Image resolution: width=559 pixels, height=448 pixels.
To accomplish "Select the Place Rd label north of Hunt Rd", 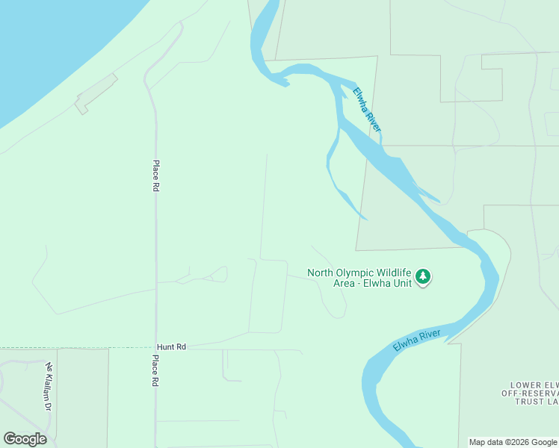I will click(156, 177).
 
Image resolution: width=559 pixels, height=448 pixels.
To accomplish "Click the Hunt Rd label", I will click(171, 347).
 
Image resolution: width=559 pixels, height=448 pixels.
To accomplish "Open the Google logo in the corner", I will click(25, 439).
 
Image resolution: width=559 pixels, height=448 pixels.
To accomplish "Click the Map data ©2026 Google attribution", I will click(513, 442).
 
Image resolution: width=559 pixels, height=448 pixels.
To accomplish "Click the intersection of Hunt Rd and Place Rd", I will click(156, 348).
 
